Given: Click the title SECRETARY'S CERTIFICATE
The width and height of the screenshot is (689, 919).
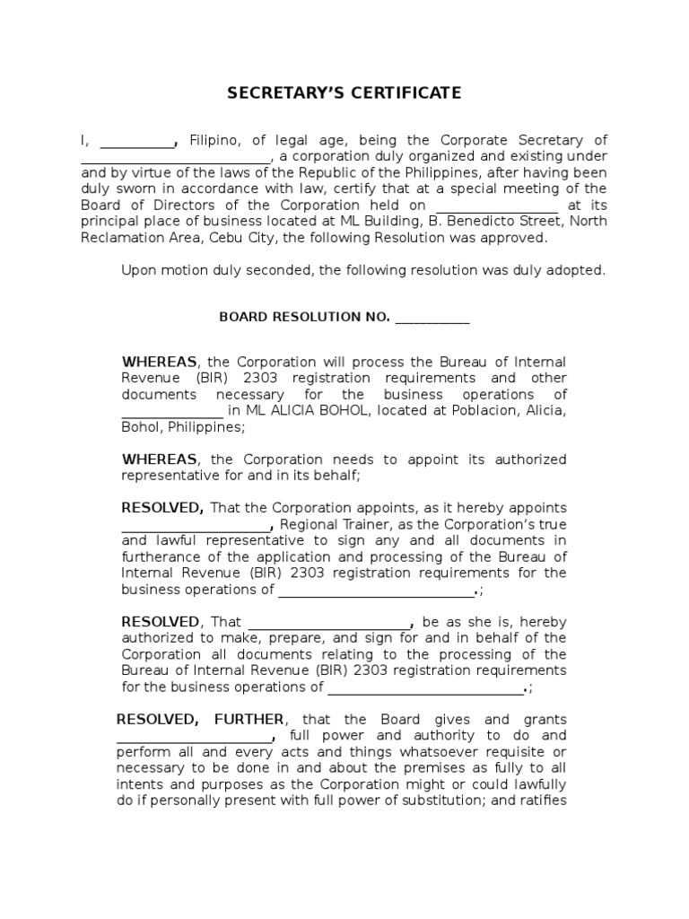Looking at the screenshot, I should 344,92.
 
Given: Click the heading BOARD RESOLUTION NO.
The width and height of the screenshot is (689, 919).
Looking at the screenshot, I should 304,317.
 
